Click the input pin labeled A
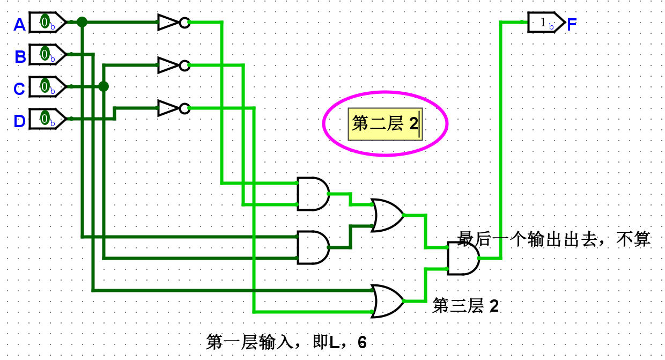pos(47,23)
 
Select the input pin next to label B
pos(47,54)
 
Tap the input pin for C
pos(47,86)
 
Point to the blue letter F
pos(572,24)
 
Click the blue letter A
pos(19,25)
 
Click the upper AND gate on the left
pos(313,194)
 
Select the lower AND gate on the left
pos(313,247)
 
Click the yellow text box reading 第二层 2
pos(385,124)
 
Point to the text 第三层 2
pos(465,306)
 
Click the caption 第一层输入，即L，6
pos(286,342)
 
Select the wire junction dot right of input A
pos(82,22)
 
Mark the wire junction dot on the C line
pos(104,86)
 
